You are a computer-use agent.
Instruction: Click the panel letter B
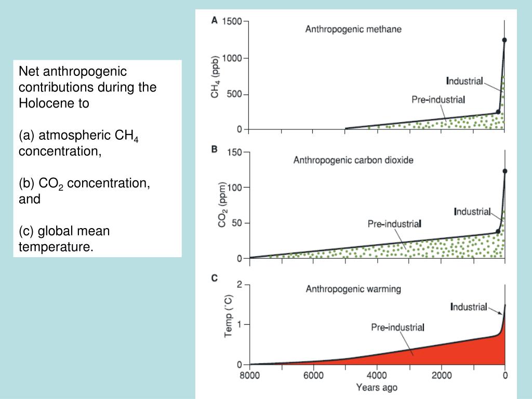point(214,149)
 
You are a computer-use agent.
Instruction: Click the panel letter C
point(214,278)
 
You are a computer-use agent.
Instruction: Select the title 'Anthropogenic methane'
point(353,29)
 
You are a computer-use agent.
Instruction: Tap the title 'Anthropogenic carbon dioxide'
point(353,160)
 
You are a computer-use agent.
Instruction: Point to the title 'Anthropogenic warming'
point(353,288)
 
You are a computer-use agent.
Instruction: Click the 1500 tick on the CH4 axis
point(232,21)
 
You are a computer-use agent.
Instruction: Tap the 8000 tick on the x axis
point(249,376)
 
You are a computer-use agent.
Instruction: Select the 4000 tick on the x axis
point(377,376)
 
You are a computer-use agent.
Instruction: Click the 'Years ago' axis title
point(377,387)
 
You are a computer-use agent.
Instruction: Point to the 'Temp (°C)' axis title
point(228,317)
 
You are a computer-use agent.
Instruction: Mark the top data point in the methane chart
point(504,40)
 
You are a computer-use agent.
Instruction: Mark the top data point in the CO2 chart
point(504,171)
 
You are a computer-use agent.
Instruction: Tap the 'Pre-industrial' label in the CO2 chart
point(394,224)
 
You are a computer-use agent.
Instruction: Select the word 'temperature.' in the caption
point(56,247)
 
